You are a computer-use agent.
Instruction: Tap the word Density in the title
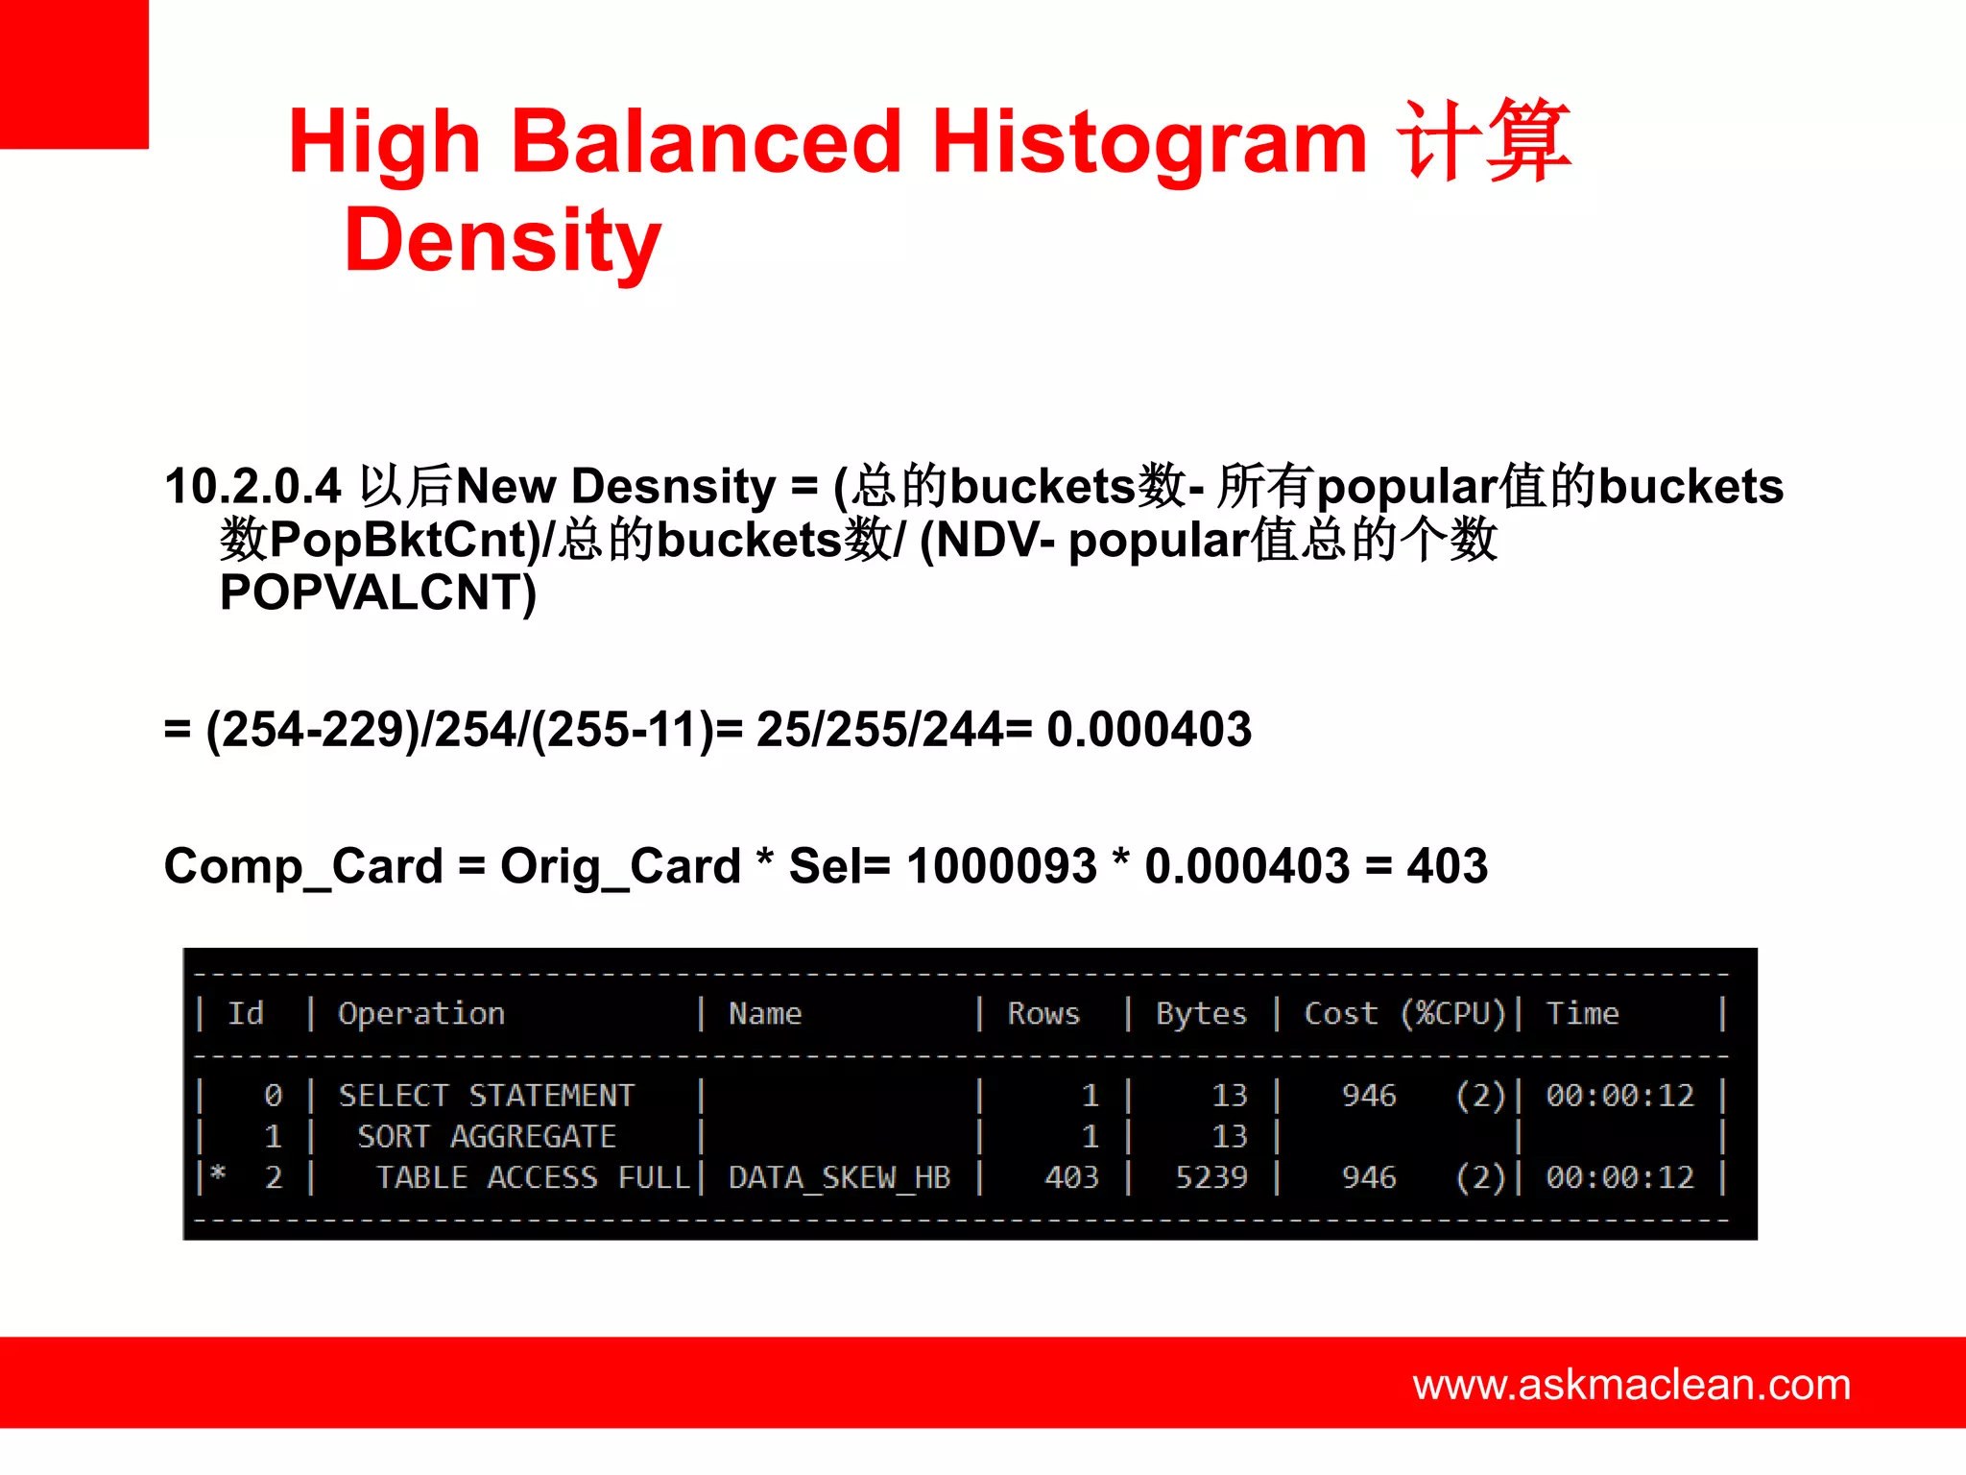tap(502, 241)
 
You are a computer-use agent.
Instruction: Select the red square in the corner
tap(74, 74)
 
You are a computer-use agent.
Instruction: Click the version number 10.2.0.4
tap(252, 486)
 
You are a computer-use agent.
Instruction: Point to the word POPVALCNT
tap(377, 592)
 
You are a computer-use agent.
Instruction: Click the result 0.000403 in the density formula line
tap(1148, 729)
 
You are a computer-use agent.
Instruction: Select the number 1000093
tap(1000, 866)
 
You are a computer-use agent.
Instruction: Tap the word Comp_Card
tap(302, 866)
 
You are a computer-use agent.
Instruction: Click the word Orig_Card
tap(620, 866)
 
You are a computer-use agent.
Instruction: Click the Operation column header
tap(421, 1013)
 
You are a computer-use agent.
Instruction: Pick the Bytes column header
tap(1201, 1013)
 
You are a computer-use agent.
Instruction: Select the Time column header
tap(1582, 1013)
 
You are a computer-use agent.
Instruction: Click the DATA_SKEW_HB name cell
tap(839, 1177)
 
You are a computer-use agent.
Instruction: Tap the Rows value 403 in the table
tap(1071, 1177)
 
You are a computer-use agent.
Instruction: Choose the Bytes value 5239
tap(1211, 1177)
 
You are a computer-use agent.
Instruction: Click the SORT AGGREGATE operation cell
tap(487, 1137)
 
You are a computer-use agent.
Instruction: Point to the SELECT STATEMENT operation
tap(487, 1096)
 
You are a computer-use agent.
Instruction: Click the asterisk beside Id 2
tap(218, 1173)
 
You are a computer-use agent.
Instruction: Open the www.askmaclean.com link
tap(1631, 1385)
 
